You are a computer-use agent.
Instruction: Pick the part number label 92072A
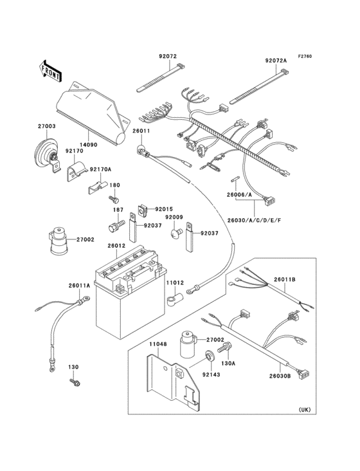276,61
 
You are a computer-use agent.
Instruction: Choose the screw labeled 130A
225,348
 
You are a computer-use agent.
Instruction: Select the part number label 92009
174,217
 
